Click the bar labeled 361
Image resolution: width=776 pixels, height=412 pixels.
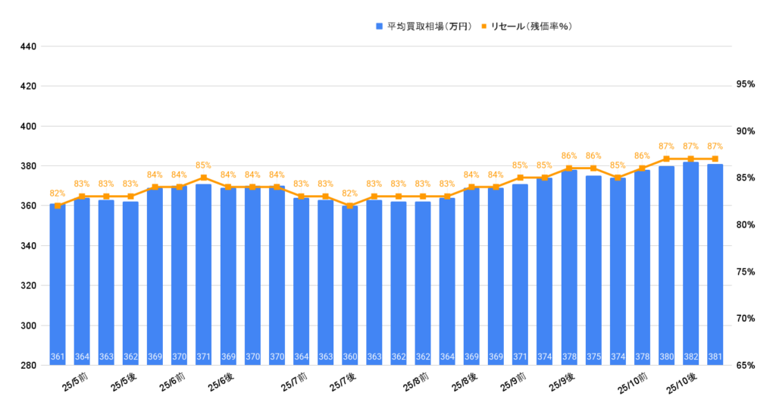(x=58, y=285)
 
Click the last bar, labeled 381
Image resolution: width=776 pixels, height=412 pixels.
(x=715, y=265)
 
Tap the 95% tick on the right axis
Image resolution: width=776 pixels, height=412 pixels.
(x=746, y=85)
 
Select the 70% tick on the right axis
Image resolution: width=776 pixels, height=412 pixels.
(x=746, y=319)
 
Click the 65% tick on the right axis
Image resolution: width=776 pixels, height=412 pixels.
(x=746, y=366)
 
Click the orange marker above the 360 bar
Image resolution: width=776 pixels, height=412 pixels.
(x=350, y=206)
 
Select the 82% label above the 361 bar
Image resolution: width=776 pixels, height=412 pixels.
(x=58, y=193)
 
